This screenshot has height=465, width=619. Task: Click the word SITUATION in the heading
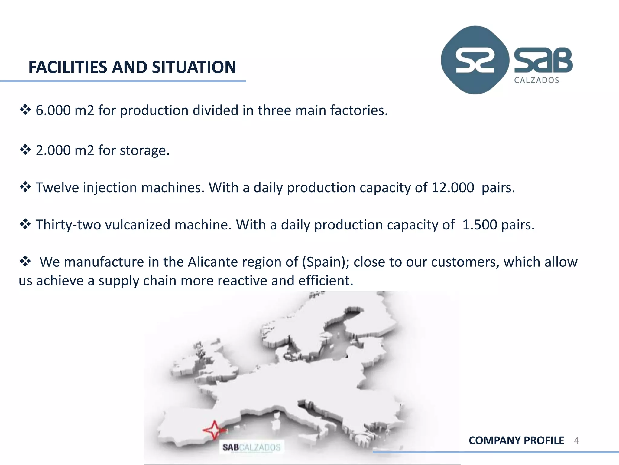pos(194,67)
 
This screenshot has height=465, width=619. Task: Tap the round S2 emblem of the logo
pos(475,60)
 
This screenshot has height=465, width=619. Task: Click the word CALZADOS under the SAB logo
pos(536,80)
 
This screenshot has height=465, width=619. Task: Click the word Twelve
pos(57,188)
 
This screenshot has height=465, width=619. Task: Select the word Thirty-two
pos(68,225)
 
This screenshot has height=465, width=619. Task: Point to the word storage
pos(144,150)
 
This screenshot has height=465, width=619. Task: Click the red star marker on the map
pos(214,430)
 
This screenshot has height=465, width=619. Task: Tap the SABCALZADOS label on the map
pos(251,447)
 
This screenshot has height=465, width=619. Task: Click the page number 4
pos(576,440)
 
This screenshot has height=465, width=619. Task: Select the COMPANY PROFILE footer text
pos(516,440)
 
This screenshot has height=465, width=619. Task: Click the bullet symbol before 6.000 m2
pos(25,110)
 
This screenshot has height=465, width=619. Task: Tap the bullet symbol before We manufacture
pos(25,261)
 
